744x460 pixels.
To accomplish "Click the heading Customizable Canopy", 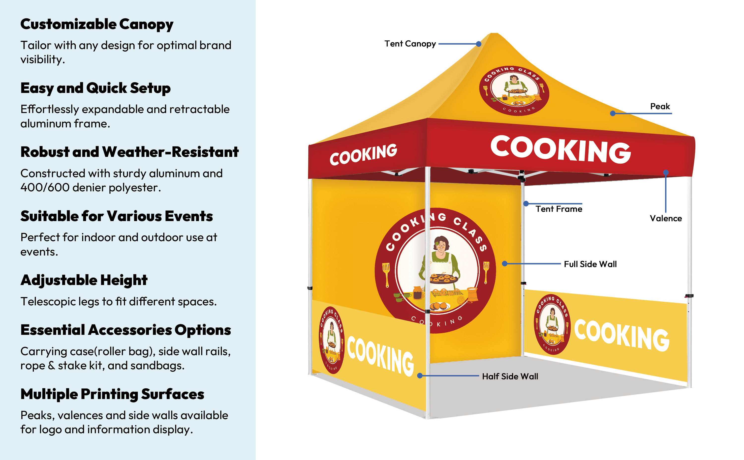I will [x=97, y=24].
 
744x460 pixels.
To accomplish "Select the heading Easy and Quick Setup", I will [x=95, y=88].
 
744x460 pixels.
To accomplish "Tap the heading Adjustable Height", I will [x=84, y=280].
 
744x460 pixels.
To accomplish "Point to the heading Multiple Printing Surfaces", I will [x=112, y=394].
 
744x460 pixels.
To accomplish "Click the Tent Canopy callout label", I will [x=410, y=44].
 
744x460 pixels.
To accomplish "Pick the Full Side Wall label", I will [x=590, y=264].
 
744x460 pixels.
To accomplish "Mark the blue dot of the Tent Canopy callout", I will [x=479, y=44].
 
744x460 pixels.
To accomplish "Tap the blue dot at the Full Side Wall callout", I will [x=504, y=263].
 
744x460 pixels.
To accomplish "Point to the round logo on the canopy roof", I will [x=514, y=91].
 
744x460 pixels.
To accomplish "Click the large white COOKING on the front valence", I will [x=560, y=149].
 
